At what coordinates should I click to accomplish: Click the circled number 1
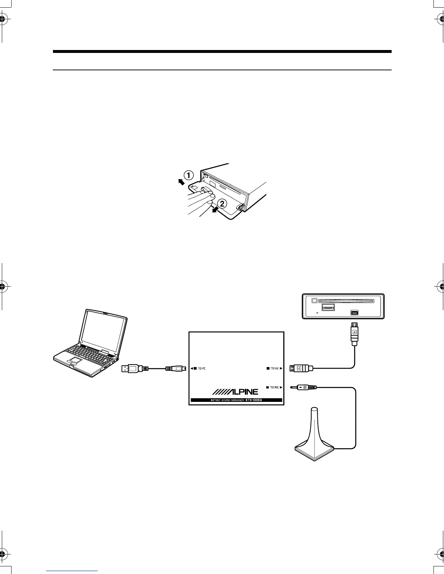(x=189, y=175)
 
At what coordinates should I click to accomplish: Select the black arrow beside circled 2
(x=216, y=210)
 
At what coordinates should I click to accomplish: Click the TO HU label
(x=275, y=369)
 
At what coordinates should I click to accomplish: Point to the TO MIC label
(x=274, y=387)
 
